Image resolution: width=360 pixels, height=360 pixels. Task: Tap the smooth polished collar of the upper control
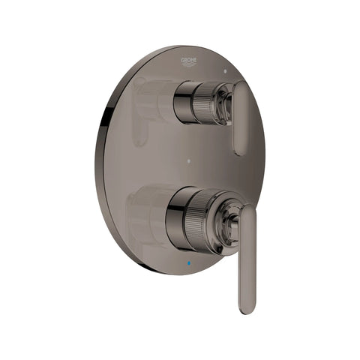tap(184, 103)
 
